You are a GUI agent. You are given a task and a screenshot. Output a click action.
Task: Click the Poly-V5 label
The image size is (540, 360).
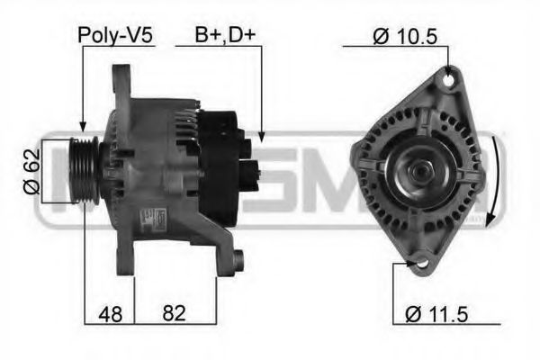116,36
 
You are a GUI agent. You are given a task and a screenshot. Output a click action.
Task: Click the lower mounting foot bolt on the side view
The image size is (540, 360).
236,262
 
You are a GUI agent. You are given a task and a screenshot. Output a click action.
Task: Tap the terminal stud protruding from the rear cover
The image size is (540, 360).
256,167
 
